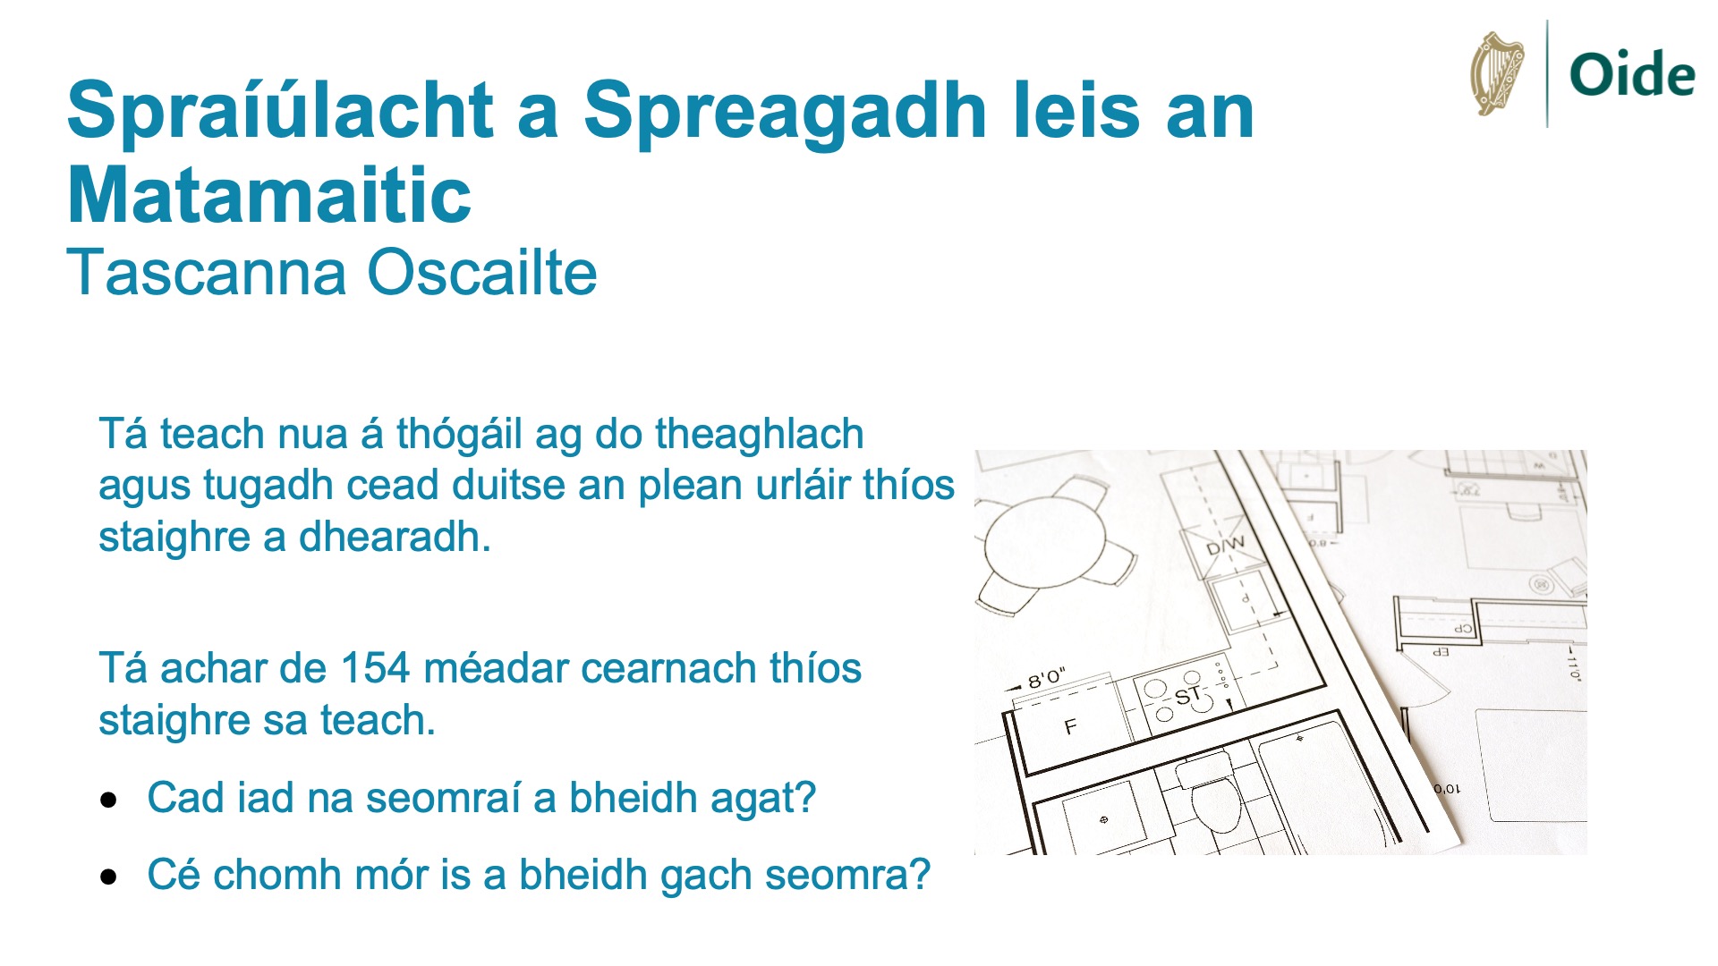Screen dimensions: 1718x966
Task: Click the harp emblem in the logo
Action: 1497,73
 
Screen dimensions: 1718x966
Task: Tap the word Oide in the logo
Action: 1632,74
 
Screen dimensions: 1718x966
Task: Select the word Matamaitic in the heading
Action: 268,195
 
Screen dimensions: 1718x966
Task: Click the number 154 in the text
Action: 375,668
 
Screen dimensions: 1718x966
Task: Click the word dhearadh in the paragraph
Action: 395,537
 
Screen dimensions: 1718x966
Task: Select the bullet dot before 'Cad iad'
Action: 109,800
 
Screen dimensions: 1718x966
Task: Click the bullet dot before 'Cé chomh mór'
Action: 109,877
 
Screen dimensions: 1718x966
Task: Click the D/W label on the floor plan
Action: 1225,545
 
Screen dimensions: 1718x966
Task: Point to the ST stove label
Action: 1187,696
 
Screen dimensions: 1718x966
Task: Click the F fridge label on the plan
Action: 1070,726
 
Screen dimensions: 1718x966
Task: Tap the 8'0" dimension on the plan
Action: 1046,678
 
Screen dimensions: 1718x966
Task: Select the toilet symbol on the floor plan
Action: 1212,796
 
